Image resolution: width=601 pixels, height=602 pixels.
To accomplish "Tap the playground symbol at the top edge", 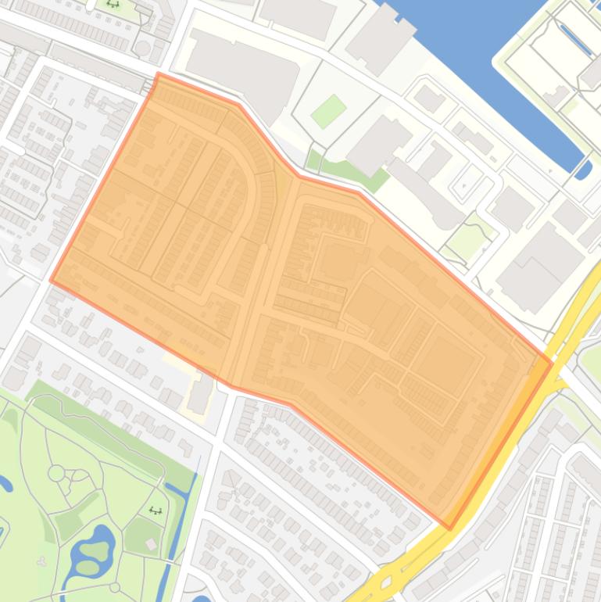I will [113, 4].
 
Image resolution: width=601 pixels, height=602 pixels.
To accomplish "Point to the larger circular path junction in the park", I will [56, 472].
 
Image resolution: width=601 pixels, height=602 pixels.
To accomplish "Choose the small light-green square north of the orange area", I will [329, 111].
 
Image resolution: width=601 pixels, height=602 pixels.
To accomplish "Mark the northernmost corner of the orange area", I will [159, 74].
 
